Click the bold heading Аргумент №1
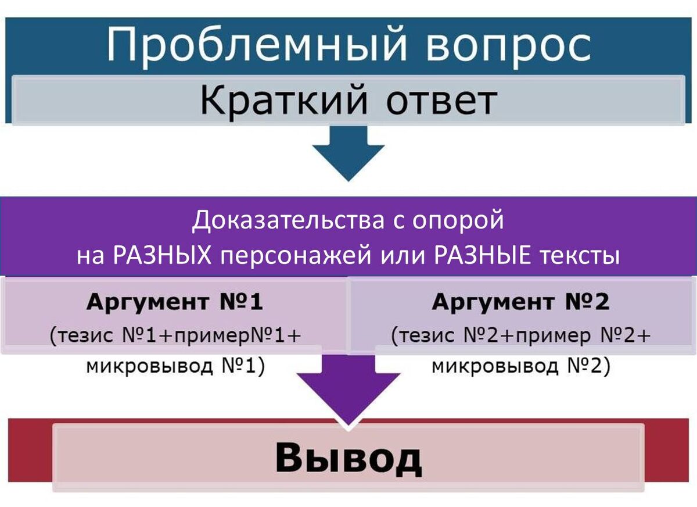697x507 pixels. pyautogui.click(x=175, y=303)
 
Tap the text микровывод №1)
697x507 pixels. pyautogui.click(x=175, y=367)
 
